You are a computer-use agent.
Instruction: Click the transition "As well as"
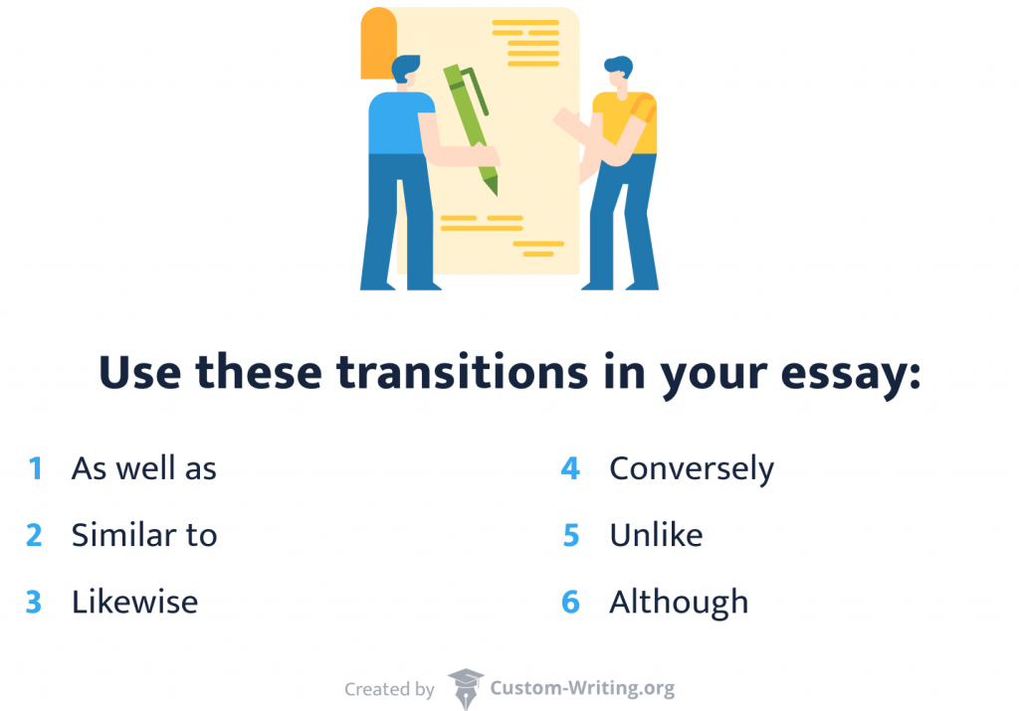click(143, 468)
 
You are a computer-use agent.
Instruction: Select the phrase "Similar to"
click(143, 535)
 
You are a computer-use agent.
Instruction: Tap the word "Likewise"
click(134, 602)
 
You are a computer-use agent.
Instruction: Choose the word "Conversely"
click(692, 468)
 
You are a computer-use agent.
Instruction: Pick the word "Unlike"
click(656, 535)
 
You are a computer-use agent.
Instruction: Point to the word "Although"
click(679, 602)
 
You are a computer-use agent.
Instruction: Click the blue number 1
click(36, 468)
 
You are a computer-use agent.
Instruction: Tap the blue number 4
click(570, 468)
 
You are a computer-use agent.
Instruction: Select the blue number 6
click(570, 602)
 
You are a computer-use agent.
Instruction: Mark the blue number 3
click(35, 602)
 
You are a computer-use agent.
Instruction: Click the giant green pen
click(470, 124)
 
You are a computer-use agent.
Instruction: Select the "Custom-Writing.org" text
click(582, 688)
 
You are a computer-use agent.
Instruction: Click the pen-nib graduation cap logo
click(465, 688)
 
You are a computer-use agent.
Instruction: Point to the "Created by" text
click(389, 689)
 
